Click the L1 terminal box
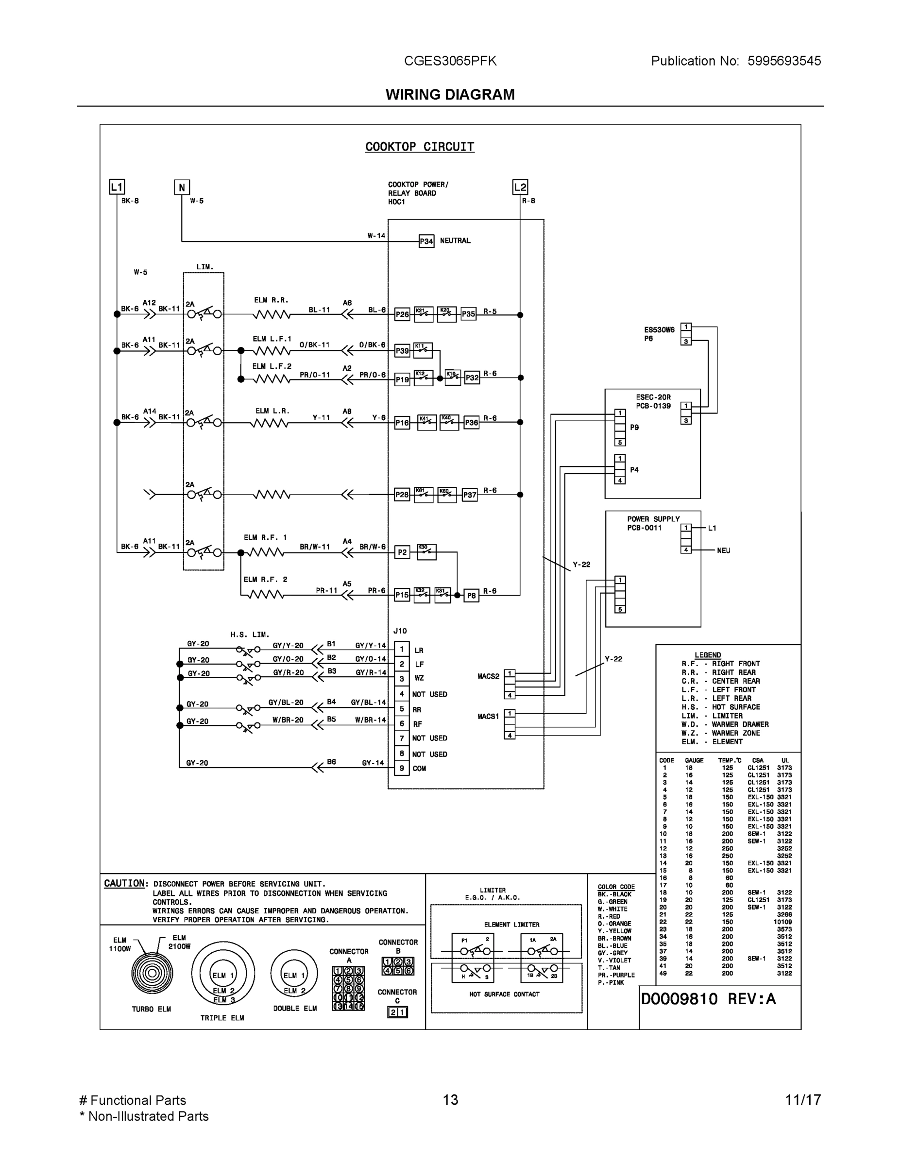117,187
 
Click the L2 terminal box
519,187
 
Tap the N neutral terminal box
182,188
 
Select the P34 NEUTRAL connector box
426,241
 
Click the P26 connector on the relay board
402,315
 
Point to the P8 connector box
471,595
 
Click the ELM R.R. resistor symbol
271,315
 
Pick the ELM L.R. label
272,411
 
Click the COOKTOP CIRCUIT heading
420,147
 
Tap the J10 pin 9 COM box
402,768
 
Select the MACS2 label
488,676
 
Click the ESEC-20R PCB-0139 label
653,401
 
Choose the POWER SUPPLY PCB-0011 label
653,523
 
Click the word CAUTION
124,884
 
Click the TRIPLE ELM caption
222,1018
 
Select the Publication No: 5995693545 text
735,61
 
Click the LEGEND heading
707,655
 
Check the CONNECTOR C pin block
397,1012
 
